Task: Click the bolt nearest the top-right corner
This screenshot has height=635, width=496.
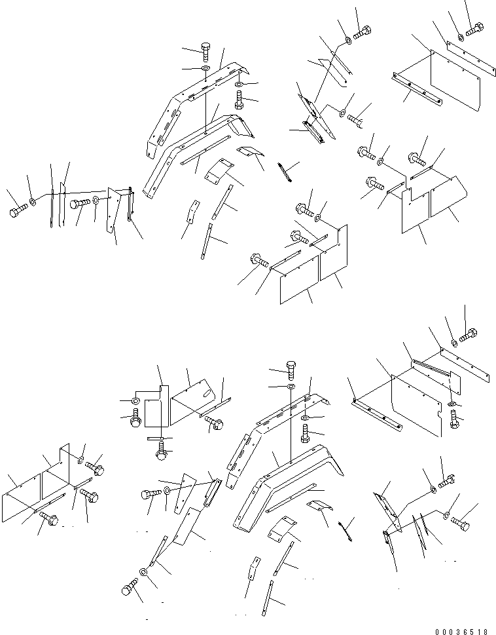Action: [476, 29]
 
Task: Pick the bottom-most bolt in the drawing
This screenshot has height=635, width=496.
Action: [130, 588]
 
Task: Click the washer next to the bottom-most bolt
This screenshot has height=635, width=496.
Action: [144, 579]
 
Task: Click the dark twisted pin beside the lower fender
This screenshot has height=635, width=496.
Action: [346, 529]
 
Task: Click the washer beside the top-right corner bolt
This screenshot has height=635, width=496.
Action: [462, 37]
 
